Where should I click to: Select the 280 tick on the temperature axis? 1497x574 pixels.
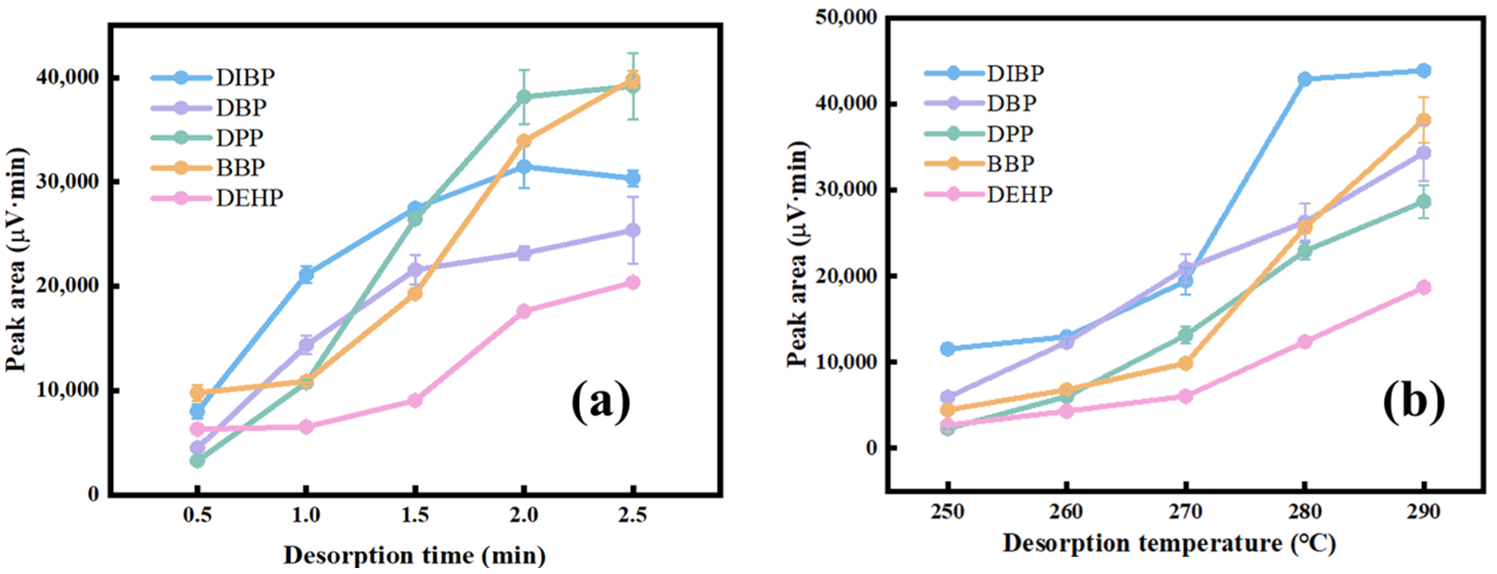pos(1305,511)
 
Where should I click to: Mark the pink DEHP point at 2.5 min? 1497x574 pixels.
pos(633,282)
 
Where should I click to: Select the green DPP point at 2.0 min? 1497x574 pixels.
pos(524,96)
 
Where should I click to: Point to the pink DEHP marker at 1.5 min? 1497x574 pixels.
pos(415,401)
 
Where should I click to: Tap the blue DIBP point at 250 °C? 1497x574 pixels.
pos(947,348)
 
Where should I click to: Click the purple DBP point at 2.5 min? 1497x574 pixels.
pos(633,231)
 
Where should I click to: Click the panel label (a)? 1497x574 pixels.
pos(600,401)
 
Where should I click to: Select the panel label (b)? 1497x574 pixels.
pos(1413,401)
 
